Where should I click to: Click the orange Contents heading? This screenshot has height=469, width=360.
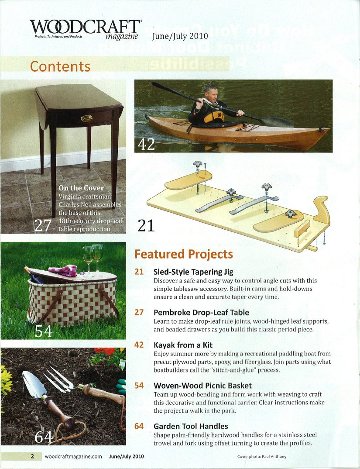[x=60, y=66]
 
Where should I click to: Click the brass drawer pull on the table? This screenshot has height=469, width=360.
[x=86, y=118]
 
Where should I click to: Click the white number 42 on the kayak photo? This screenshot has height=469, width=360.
[x=146, y=143]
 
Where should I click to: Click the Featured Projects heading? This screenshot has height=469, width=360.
[x=184, y=254]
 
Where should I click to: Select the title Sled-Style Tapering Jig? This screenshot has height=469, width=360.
[x=193, y=272]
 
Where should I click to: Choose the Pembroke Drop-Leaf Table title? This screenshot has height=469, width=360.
[x=201, y=313]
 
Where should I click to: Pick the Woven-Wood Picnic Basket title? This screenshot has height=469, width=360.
[x=203, y=386]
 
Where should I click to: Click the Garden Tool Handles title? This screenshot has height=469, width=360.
[x=191, y=426]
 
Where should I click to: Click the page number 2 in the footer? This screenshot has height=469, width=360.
[x=32, y=457]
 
